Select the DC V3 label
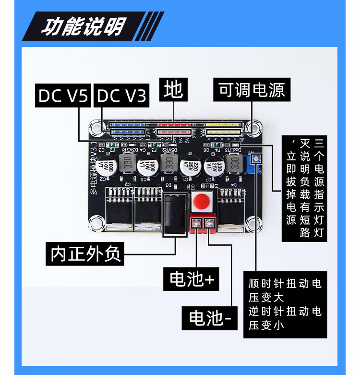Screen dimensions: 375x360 point(121,96)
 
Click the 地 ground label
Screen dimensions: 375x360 point(173,90)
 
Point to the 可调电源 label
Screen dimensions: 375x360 point(252,90)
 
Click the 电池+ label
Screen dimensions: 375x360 point(192,279)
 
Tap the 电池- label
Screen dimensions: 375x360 point(210,317)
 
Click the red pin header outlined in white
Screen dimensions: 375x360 point(175,131)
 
